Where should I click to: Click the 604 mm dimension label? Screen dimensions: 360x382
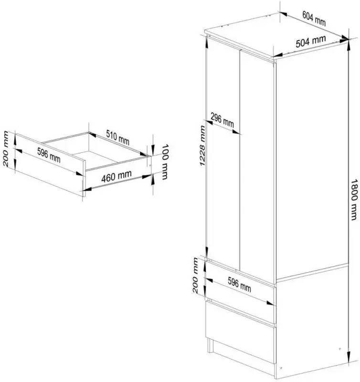pyautogui.click(x=314, y=18)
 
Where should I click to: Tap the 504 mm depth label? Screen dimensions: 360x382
pyautogui.click(x=311, y=42)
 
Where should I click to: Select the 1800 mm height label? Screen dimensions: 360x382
pyautogui.click(x=354, y=200)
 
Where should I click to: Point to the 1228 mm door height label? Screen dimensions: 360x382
pyautogui.click(x=202, y=146)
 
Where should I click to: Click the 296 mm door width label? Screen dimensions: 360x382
pyautogui.click(x=222, y=120)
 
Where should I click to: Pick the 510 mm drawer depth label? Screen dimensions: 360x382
pyautogui.click(x=117, y=137)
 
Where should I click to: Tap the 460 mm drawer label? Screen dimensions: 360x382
pyautogui.click(x=116, y=176)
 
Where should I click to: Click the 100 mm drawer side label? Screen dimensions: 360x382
pyautogui.click(x=165, y=161)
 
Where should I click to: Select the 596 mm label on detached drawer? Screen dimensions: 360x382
pyautogui.click(x=49, y=155)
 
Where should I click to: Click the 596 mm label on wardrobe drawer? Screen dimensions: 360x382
pyautogui.click(x=239, y=285)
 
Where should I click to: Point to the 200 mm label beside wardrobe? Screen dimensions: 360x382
pyautogui.click(x=195, y=276)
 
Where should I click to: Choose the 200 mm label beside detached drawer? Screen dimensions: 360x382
pyautogui.click(x=6, y=149)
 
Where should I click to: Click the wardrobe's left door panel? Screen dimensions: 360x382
pyautogui.click(x=223, y=156)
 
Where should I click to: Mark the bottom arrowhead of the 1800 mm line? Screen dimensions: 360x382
pyautogui.click(x=349, y=357)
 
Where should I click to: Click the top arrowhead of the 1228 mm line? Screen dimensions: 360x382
pyautogui.click(x=207, y=43)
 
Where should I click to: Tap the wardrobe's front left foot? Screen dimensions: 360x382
pyautogui.click(x=210, y=345)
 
